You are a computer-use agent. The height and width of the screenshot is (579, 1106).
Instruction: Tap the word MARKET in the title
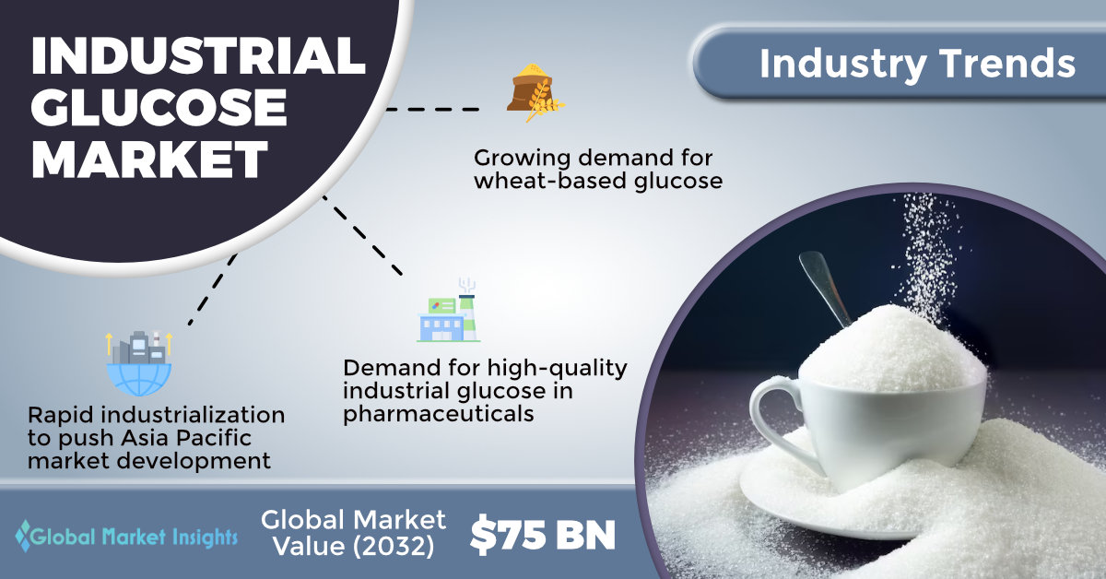click(150, 160)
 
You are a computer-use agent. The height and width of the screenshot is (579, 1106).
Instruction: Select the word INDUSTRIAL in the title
click(198, 55)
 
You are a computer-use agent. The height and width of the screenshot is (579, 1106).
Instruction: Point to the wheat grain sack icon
click(535, 93)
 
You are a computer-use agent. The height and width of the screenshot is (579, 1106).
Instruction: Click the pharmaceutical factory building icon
click(448, 311)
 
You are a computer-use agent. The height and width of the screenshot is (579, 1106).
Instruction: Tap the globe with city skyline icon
click(139, 362)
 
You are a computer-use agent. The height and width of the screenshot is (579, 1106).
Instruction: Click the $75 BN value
click(543, 536)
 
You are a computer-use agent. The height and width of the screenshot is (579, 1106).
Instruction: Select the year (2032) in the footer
click(394, 547)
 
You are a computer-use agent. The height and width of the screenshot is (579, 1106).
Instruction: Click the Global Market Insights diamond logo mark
click(23, 536)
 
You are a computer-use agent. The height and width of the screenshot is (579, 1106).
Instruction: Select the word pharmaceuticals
click(439, 414)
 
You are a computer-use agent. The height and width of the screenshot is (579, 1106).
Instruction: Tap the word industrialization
click(193, 415)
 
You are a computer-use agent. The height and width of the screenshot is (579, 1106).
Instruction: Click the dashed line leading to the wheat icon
click(432, 109)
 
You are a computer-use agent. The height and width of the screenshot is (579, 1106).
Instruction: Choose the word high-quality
click(557, 369)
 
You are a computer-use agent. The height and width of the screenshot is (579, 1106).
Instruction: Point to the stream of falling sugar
click(927, 257)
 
